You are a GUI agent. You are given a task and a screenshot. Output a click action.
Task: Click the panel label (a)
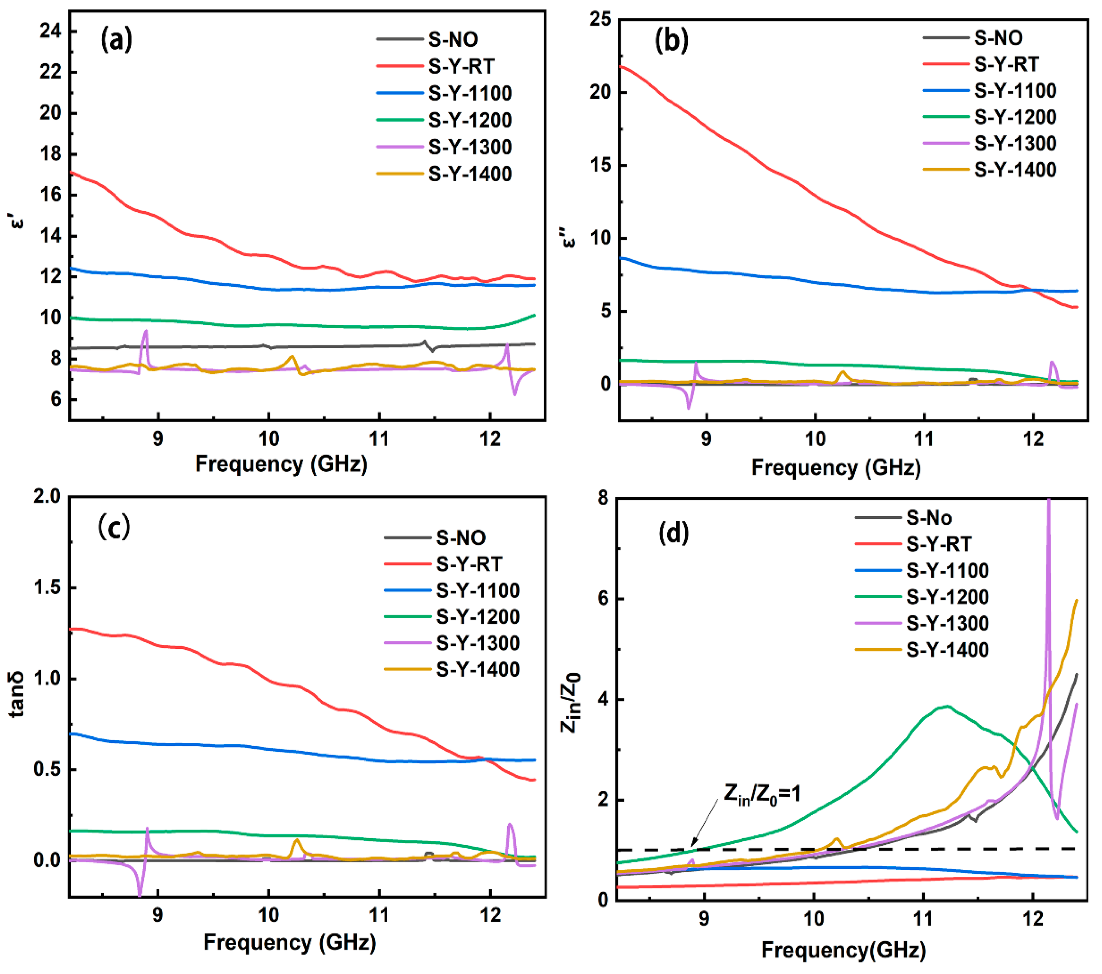[x=116, y=41]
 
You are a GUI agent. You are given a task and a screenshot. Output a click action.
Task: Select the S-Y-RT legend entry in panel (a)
[x=461, y=66]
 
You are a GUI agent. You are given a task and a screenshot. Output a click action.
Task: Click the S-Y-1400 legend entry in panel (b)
[x=1015, y=170]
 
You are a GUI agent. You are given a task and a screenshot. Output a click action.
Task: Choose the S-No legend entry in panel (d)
[x=928, y=518]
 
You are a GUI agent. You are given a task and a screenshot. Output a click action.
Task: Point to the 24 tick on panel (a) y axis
[x=50, y=31]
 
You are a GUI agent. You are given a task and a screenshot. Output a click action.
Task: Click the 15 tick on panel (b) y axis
[x=600, y=165]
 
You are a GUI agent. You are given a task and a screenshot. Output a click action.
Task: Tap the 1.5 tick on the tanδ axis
[x=47, y=587]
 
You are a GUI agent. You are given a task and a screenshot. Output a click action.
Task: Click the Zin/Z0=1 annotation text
[x=762, y=794]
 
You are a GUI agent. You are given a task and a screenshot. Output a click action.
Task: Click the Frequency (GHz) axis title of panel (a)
[x=281, y=464]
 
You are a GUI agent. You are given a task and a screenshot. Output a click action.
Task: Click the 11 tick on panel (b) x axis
[x=924, y=439]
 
